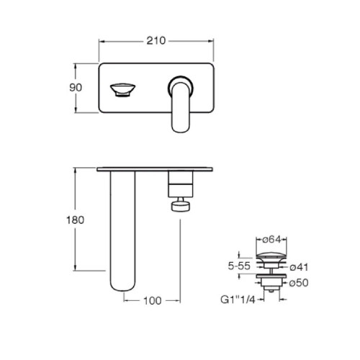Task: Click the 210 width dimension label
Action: click(x=156, y=40)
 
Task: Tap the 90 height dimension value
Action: click(x=76, y=88)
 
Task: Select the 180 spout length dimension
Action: click(x=76, y=220)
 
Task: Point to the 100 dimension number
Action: click(x=153, y=300)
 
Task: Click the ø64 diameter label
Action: click(x=271, y=239)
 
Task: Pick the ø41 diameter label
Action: click(x=299, y=267)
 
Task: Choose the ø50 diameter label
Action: click(x=299, y=283)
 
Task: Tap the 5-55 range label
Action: click(x=239, y=266)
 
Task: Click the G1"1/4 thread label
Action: click(x=238, y=300)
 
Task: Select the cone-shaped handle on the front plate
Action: click(x=122, y=90)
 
